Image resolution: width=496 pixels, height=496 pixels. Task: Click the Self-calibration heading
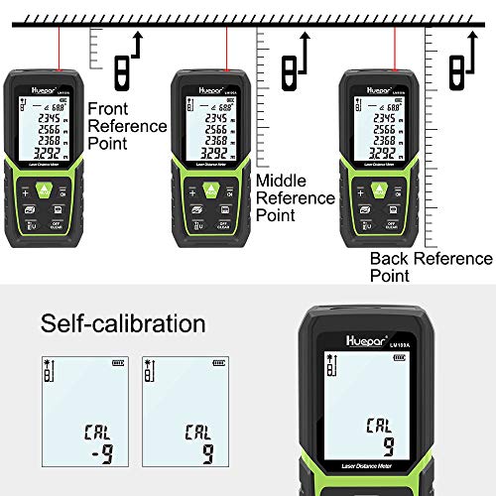(x=123, y=324)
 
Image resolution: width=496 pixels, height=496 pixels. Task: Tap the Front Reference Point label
(x=127, y=127)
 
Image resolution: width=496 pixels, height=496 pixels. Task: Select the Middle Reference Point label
(x=295, y=197)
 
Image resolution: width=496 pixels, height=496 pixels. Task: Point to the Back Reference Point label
(x=430, y=267)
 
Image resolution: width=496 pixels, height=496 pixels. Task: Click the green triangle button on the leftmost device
(x=44, y=188)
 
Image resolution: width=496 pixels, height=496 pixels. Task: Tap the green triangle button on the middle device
(x=207, y=188)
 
